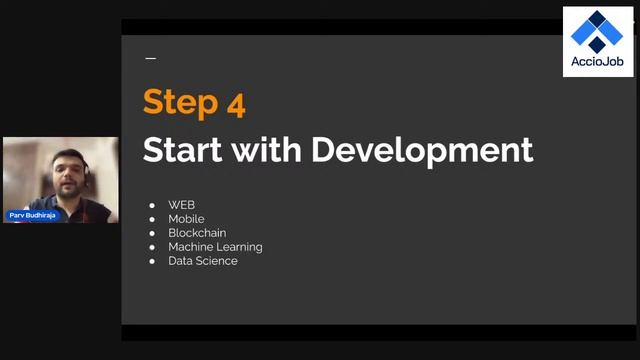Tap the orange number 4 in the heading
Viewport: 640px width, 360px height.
tap(235, 102)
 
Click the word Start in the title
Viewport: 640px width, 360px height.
tap(183, 150)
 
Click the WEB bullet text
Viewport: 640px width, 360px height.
tap(181, 205)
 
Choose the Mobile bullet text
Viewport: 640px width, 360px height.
tap(186, 219)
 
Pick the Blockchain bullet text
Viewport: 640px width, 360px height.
tap(197, 233)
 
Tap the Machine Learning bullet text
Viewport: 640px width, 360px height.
tap(215, 247)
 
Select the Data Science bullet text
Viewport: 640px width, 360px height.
tap(203, 261)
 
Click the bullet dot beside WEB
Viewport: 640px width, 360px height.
tap(152, 205)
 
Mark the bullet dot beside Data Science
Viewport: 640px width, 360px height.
tap(152, 261)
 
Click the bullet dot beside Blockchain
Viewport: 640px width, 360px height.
tap(152, 233)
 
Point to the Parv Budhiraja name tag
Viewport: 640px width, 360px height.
tap(33, 215)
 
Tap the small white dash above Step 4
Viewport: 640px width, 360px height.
tap(151, 59)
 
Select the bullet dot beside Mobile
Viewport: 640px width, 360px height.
tap(152, 219)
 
